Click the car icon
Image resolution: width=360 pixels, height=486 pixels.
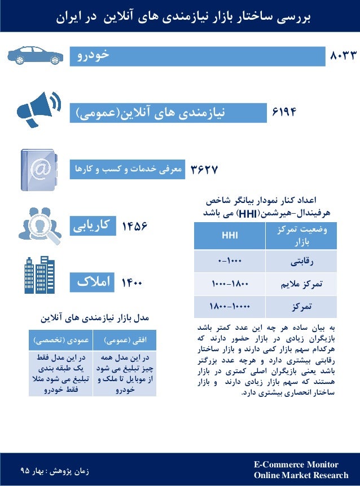tap(34, 55)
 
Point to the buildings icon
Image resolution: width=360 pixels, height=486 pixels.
tap(39, 276)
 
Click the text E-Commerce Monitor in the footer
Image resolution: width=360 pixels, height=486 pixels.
tap(296, 465)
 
